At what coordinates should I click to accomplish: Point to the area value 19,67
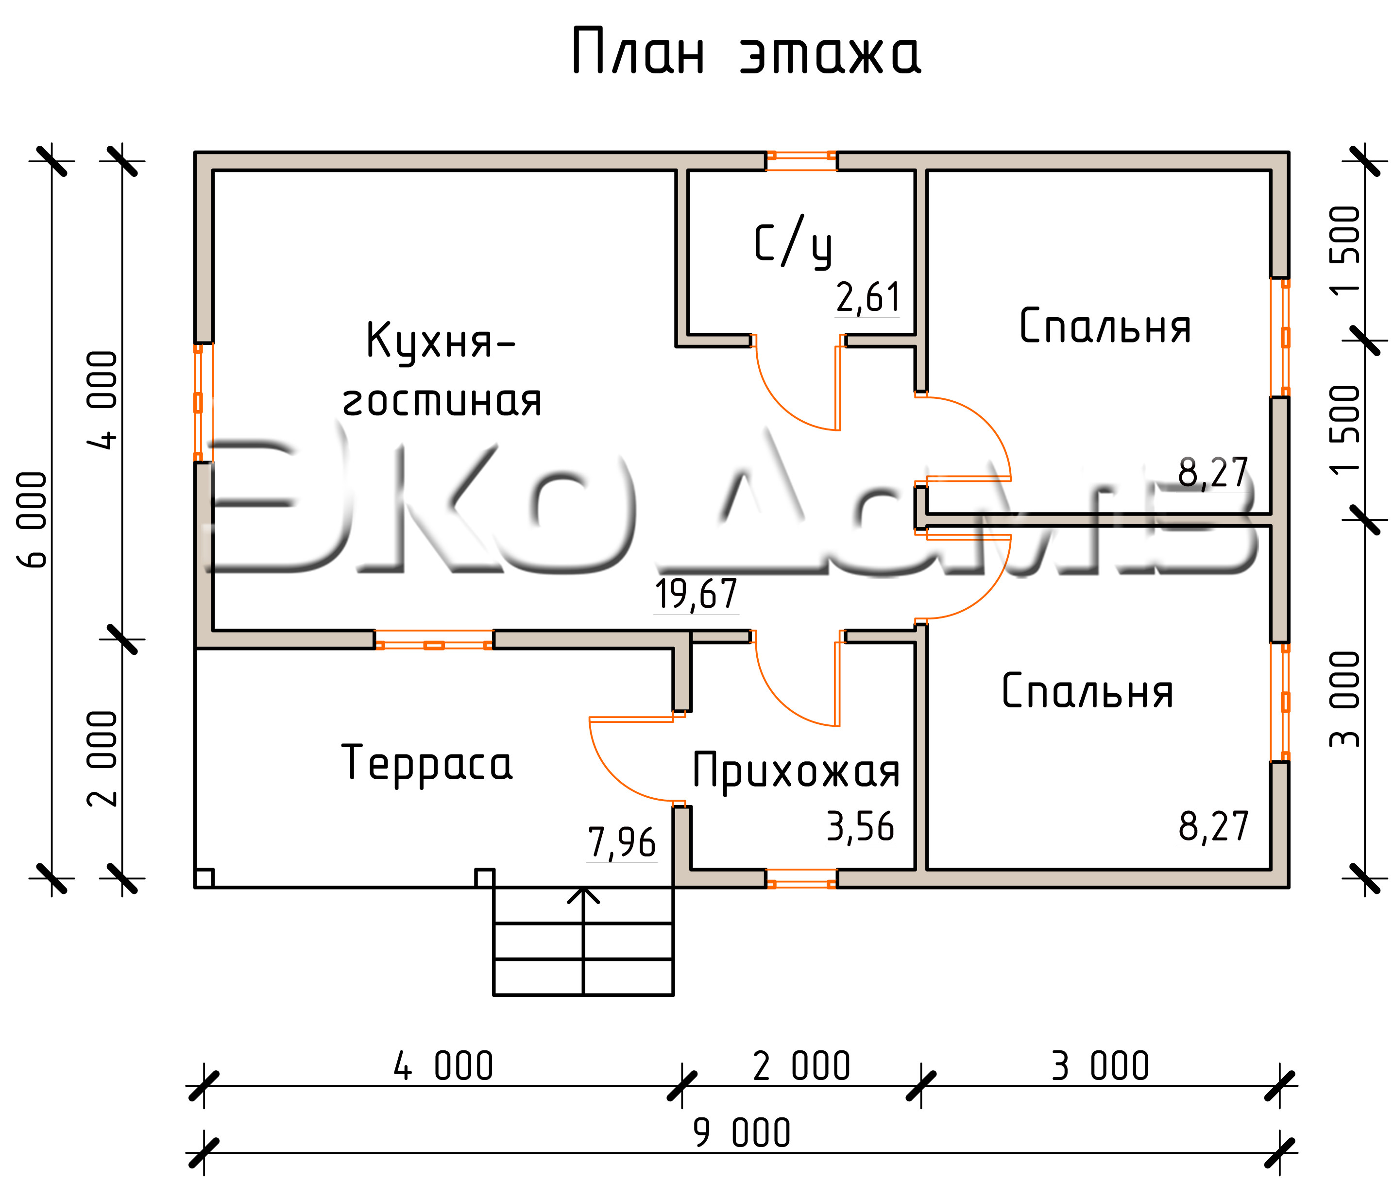(x=696, y=594)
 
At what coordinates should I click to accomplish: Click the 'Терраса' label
(x=427, y=764)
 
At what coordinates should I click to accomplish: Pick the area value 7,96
(x=622, y=843)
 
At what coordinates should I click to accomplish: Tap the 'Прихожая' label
(x=796, y=772)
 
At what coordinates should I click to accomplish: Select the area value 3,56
(x=861, y=827)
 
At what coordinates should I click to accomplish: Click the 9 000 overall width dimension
(x=742, y=1132)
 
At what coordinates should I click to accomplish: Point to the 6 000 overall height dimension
(x=32, y=520)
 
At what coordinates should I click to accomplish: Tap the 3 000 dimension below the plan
(x=1100, y=1065)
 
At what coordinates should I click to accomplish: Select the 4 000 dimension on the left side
(x=102, y=400)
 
